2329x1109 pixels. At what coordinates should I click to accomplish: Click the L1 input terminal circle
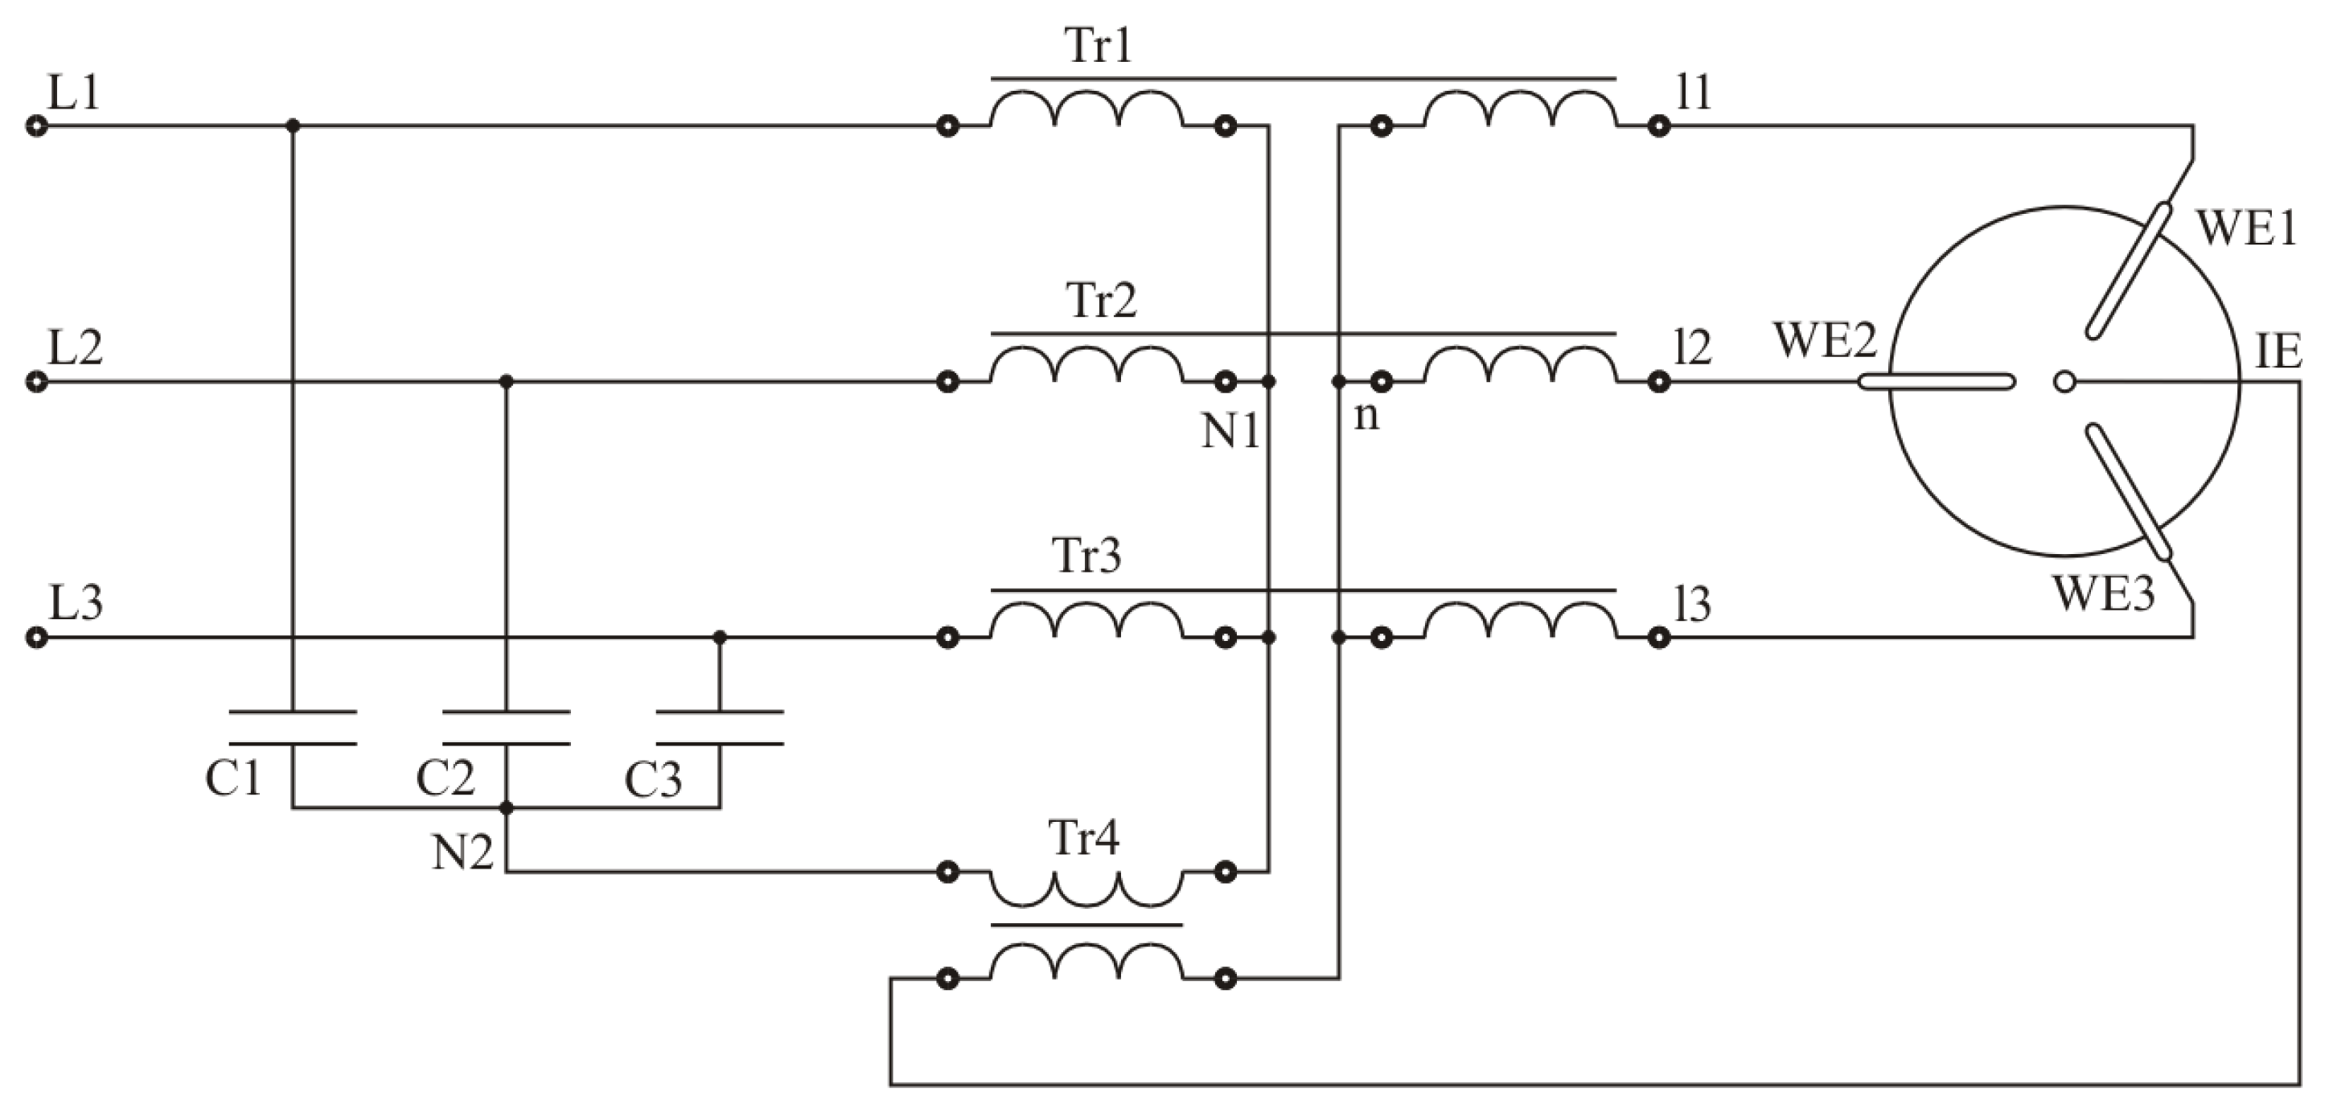coord(36,126)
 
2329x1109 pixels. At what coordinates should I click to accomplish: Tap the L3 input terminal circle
coord(36,638)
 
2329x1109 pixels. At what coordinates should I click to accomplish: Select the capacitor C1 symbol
coord(292,729)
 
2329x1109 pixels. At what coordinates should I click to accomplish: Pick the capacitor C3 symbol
coord(720,729)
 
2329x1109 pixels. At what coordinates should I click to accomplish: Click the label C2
coord(445,778)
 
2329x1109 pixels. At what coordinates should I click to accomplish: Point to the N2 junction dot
coord(507,808)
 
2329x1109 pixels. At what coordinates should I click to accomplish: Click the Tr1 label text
coord(1099,45)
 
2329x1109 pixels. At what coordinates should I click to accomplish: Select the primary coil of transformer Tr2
coord(1086,366)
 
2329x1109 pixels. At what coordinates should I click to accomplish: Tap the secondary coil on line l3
coord(1520,622)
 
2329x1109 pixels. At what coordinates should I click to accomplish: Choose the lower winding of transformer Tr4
coord(1086,963)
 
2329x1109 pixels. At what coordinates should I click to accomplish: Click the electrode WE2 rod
coord(1936,382)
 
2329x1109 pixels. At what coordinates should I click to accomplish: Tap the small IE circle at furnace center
coord(2064,381)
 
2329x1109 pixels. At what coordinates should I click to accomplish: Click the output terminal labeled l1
coord(1658,126)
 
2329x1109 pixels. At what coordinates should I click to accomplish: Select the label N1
coord(1230,432)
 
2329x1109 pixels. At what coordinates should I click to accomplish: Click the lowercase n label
coord(1366,417)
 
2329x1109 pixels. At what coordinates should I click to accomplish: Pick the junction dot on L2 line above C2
coord(507,381)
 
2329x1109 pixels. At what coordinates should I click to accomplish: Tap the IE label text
coord(2278,351)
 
